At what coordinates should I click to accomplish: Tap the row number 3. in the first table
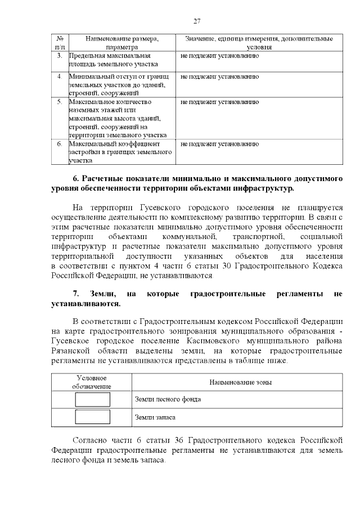[60, 57]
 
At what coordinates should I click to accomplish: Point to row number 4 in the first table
[60, 76]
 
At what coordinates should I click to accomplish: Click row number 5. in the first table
[60, 102]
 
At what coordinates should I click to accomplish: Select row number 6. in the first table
[60, 143]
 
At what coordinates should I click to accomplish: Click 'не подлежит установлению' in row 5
[219, 102]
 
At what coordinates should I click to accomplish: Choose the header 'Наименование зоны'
[240, 382]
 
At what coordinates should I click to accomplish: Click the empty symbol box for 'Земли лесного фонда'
[92, 399]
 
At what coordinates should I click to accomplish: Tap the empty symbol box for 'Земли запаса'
[92, 417]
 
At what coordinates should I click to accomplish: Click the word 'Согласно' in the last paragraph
[91, 440]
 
